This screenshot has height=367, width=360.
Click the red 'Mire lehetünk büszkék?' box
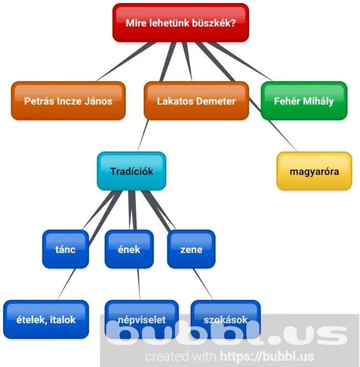pos(181,23)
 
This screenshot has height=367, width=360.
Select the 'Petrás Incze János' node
pos(68,101)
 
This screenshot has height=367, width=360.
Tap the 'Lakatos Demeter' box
pos(196,101)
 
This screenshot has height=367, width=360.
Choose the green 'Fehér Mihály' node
pos(303,101)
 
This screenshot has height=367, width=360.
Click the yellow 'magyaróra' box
pos(314,171)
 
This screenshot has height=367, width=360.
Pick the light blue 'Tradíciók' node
pos(132,171)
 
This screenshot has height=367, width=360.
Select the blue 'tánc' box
pos(65,249)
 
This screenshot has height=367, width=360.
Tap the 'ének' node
pos(129,249)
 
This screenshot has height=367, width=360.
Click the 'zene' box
pos(191,249)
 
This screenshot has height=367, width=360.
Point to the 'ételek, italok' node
pos(46,320)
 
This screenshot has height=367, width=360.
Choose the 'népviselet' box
pos(142,320)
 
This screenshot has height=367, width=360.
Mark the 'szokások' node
pos(225,320)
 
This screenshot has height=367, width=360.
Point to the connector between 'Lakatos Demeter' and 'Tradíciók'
pos(142,136)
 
